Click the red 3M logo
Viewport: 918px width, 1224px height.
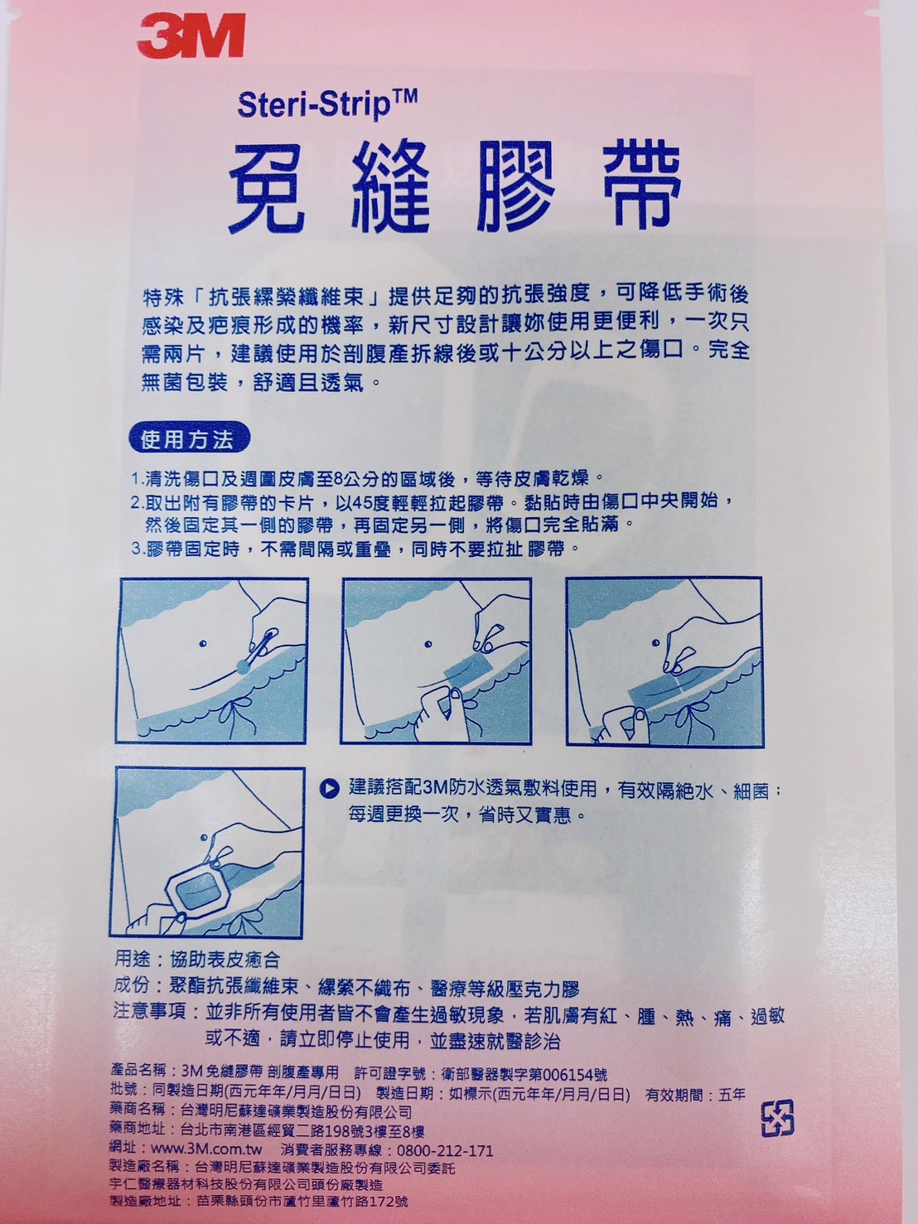[x=191, y=37]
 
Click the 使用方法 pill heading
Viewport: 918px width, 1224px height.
[x=187, y=440]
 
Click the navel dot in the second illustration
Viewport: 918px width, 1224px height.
[x=428, y=644]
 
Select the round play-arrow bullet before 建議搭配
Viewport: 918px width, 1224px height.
[x=330, y=788]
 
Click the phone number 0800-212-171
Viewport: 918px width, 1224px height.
[x=445, y=1150]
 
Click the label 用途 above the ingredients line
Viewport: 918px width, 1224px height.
[x=132, y=960]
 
